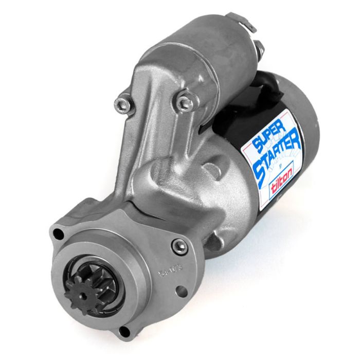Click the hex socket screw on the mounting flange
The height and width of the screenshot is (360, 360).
(179, 246)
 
